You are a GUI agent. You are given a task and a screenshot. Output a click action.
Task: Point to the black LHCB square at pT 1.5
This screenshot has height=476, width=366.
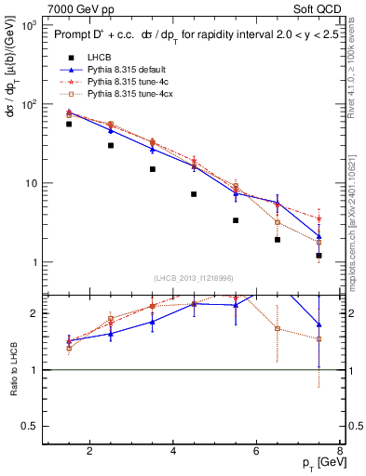click(x=69, y=124)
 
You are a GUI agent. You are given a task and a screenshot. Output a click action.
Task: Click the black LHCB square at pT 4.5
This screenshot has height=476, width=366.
click(x=194, y=194)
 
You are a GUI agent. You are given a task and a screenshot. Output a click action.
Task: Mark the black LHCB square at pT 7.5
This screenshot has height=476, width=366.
click(x=319, y=255)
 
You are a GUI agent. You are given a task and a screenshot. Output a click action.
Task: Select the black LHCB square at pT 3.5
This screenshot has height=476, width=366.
click(x=152, y=169)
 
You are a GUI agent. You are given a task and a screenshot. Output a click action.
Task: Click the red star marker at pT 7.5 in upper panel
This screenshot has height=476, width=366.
click(x=319, y=218)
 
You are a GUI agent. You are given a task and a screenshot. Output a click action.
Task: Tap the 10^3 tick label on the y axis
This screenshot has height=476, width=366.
click(x=29, y=25)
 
